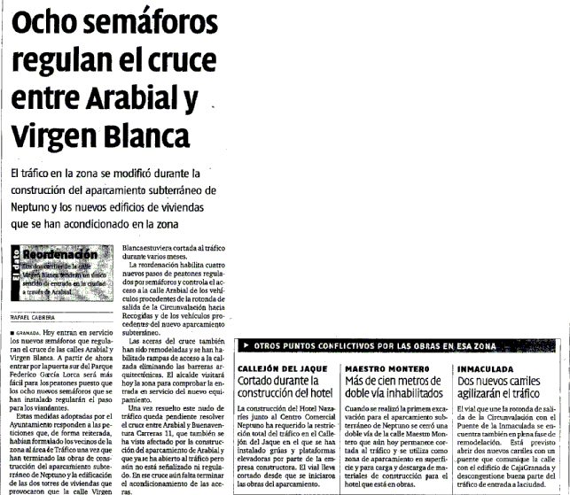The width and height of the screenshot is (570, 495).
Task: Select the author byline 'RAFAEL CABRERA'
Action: (x=33, y=316)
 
